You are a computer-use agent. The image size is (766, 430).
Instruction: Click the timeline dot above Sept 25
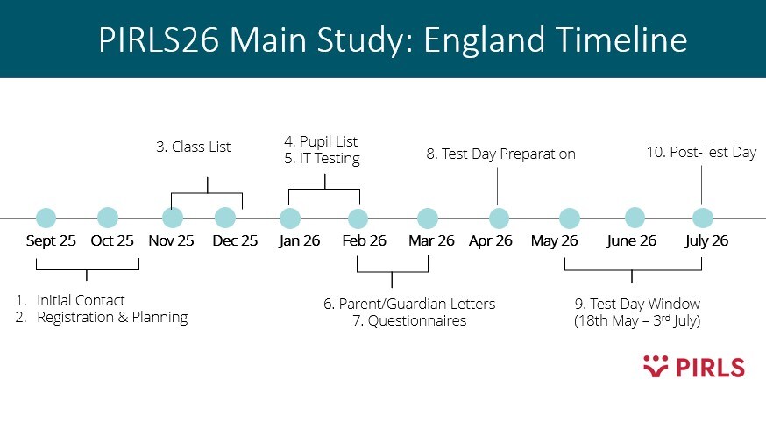click(46, 218)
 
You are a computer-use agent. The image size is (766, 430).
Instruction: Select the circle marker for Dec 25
click(225, 218)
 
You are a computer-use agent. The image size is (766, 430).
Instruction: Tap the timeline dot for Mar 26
click(428, 218)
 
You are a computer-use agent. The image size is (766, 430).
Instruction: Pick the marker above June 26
click(635, 218)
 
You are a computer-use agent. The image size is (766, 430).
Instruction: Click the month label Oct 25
click(111, 241)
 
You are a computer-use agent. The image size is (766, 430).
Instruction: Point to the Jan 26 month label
click(300, 241)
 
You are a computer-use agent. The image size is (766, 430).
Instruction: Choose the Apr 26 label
click(491, 241)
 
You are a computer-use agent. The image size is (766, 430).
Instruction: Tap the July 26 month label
click(707, 241)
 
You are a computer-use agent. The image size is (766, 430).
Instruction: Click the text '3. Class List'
click(194, 147)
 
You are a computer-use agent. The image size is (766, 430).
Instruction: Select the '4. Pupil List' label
click(321, 141)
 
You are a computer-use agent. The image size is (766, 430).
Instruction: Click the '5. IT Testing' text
click(322, 159)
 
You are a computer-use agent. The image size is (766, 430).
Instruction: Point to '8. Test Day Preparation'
click(500, 154)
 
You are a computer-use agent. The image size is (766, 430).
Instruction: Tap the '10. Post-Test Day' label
click(701, 153)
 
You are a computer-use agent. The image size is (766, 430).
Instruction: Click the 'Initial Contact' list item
click(81, 300)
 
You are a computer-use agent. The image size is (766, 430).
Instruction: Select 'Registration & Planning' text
click(112, 318)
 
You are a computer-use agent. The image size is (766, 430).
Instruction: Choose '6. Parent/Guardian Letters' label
click(409, 304)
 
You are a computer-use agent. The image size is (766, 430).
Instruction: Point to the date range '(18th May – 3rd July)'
click(637, 321)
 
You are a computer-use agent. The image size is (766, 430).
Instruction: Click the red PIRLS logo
click(693, 367)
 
